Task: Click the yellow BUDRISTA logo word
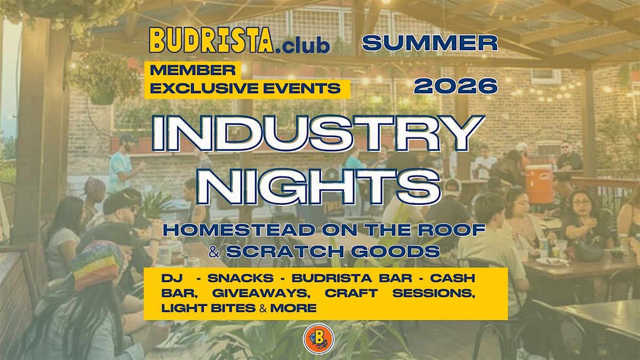click(x=211, y=40)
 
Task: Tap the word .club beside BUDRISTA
click(x=303, y=45)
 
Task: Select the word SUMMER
click(x=430, y=43)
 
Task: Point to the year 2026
click(x=456, y=86)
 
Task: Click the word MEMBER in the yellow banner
click(x=193, y=70)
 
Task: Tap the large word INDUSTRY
click(x=318, y=133)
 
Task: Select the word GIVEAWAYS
click(x=261, y=293)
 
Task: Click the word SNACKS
click(x=241, y=278)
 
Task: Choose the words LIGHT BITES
click(x=209, y=308)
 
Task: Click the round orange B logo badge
click(x=318, y=339)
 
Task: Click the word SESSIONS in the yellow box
click(x=434, y=293)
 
